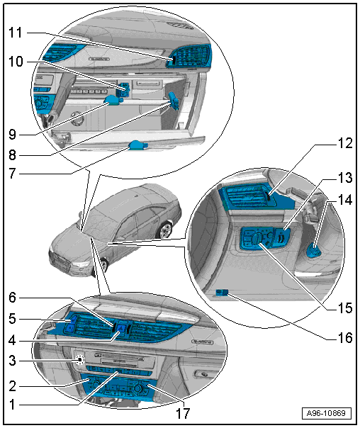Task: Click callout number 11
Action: [16, 33]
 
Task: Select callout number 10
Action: [16, 62]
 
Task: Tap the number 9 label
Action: [12, 135]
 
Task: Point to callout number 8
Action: [12, 155]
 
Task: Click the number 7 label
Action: [12, 174]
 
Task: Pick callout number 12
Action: [345, 143]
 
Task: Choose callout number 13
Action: [345, 178]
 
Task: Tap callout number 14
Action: [345, 200]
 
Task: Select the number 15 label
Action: [345, 308]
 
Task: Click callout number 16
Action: [345, 338]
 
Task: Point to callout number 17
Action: [183, 414]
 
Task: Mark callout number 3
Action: [12, 361]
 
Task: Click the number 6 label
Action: [12, 298]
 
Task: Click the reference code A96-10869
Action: [327, 413]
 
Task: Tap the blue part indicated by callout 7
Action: [137, 145]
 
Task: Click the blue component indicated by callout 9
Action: [113, 101]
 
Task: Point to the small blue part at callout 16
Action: [222, 293]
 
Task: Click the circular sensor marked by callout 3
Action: [80, 361]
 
